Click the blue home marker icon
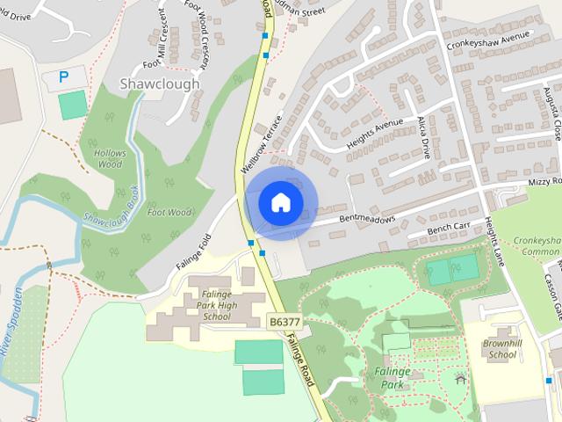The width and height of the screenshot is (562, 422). [280, 202]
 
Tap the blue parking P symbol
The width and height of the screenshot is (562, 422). [63, 77]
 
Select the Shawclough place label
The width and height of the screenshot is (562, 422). [158, 84]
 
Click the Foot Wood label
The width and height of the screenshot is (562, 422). [169, 212]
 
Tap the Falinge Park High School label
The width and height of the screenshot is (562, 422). [203, 304]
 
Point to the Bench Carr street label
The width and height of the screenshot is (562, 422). [449, 229]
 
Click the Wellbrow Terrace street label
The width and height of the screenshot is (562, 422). [260, 143]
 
